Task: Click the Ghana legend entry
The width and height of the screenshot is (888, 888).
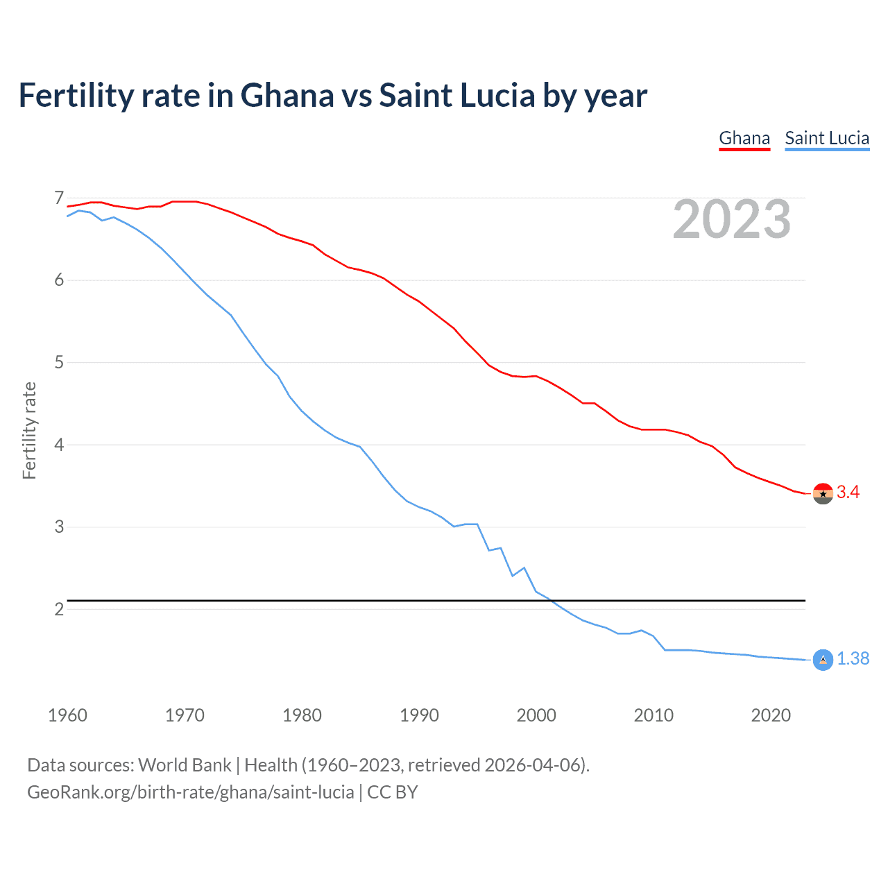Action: (744, 138)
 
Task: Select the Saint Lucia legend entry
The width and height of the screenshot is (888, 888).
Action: (827, 138)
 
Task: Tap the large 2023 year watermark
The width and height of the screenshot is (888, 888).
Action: (732, 219)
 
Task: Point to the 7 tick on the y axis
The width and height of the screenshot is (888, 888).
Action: (59, 198)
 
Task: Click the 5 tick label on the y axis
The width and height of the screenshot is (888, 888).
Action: (59, 362)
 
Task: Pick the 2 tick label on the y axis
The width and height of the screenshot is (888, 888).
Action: (59, 609)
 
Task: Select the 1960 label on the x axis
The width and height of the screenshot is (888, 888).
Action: (67, 715)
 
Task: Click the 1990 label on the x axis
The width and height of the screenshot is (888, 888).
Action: (419, 715)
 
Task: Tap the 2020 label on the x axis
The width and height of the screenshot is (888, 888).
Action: (771, 715)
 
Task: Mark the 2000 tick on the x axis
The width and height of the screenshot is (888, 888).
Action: (536, 715)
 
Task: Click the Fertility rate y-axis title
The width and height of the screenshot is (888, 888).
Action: (29, 430)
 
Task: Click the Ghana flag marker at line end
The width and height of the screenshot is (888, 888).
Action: (823, 493)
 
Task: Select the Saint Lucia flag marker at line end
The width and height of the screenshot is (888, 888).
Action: (823, 660)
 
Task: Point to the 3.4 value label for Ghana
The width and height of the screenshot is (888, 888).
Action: (848, 493)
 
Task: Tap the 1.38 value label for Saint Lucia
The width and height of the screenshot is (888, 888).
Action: (853, 659)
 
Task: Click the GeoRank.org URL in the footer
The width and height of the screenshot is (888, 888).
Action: (190, 792)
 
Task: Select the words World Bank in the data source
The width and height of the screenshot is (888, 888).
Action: (185, 765)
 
